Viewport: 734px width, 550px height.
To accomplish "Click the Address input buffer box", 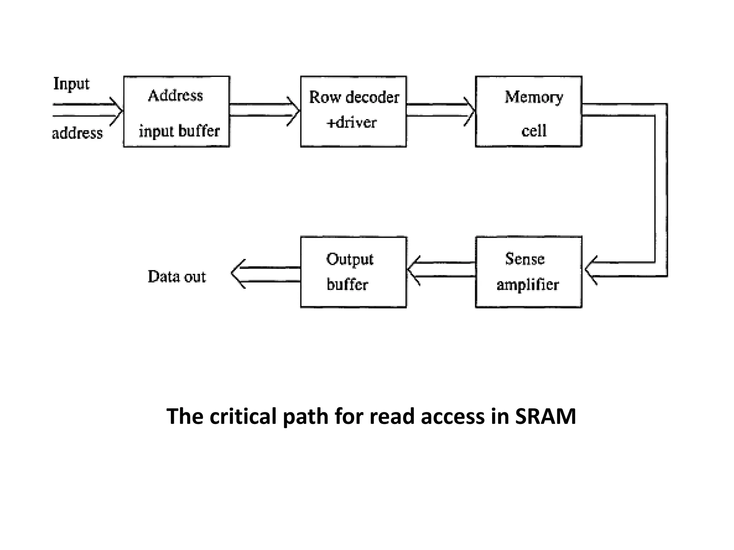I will click(x=176, y=111).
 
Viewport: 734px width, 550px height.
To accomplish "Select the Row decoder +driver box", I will click(x=353, y=111).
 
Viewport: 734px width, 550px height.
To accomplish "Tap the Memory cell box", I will click(x=528, y=111).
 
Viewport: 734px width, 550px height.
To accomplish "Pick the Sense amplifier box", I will click(x=528, y=272).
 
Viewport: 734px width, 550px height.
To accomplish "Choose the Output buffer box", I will click(x=353, y=272).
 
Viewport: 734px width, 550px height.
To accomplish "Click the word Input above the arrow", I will click(x=71, y=84).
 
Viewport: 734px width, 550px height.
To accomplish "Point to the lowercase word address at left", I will click(x=77, y=133).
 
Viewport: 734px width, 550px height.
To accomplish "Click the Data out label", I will click(x=177, y=277).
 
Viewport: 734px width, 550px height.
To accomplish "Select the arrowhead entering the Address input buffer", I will click(x=118, y=111).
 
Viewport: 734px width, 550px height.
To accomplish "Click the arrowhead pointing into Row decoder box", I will click(x=295, y=111).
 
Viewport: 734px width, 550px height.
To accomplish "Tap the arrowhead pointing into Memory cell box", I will click(x=471, y=111).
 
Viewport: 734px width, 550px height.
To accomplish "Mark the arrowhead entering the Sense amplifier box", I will click(x=590, y=270).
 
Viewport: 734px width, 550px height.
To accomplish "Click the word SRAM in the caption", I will click(x=545, y=416).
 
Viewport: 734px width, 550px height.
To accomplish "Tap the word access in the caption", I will click(x=453, y=416).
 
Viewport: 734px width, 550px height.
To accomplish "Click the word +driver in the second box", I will click(x=352, y=123).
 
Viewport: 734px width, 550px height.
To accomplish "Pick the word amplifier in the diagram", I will click(x=528, y=285).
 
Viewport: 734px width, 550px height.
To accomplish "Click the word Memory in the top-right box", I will click(x=534, y=97).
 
